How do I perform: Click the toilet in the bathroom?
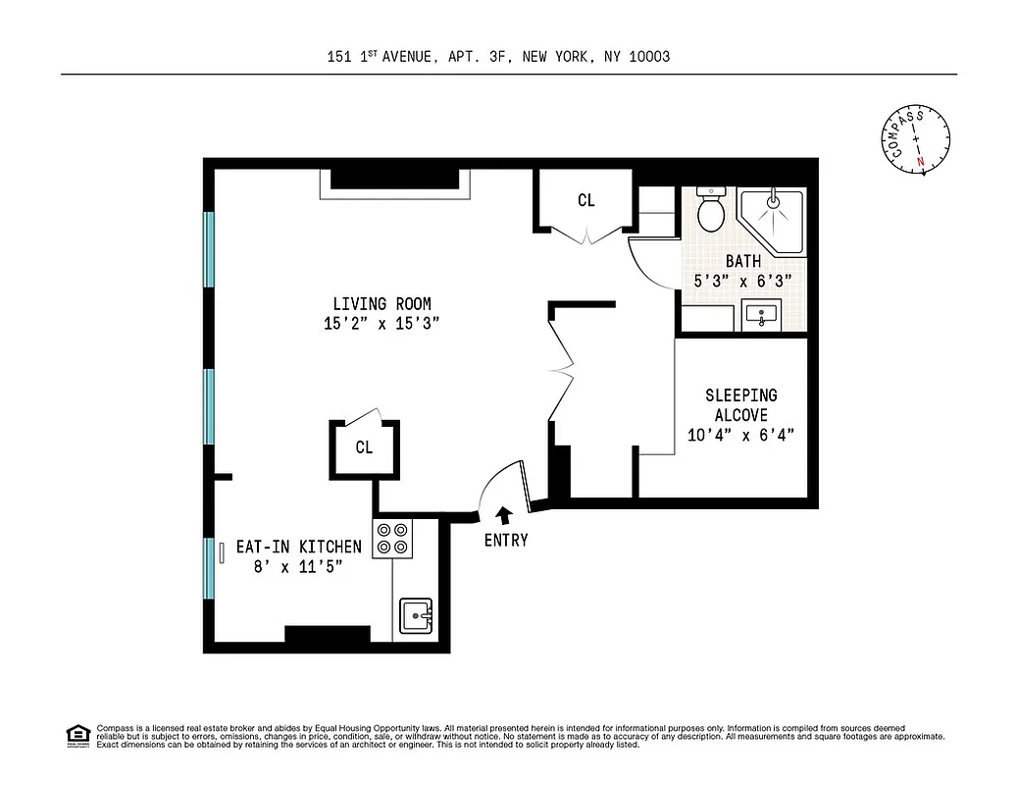tap(710, 209)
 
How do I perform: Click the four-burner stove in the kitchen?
tap(392, 539)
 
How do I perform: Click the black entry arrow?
tap(505, 514)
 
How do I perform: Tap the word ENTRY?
tap(506, 540)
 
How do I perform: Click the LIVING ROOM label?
tap(381, 304)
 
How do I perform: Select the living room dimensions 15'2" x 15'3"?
tap(381, 325)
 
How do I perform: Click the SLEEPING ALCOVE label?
tap(741, 404)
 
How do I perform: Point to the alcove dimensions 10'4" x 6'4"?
tap(741, 436)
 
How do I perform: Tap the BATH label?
tap(743, 261)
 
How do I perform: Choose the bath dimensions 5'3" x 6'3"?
tap(744, 281)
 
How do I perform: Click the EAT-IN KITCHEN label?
tap(298, 547)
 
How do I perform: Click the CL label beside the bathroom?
tap(585, 201)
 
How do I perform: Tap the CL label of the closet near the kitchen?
tap(364, 447)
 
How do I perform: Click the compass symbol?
tap(915, 139)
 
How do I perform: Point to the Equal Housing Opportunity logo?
tap(77, 735)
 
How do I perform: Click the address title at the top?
tap(498, 57)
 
